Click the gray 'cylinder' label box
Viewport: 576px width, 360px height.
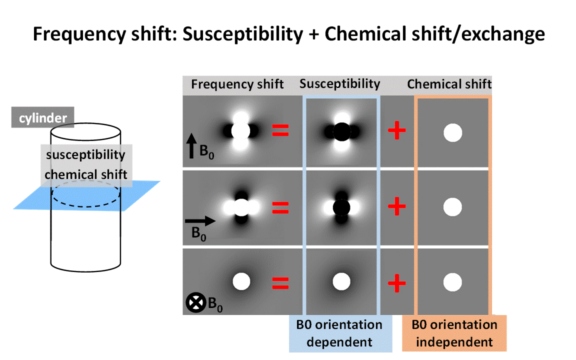(42, 118)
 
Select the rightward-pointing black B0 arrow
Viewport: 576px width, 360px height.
(200, 220)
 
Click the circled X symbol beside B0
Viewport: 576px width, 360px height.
(195, 303)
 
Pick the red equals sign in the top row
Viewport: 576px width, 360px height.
(280, 131)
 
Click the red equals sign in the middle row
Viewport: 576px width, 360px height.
(280, 207)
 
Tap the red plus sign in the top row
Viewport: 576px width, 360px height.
(397, 131)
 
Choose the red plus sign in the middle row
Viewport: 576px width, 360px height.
(397, 206)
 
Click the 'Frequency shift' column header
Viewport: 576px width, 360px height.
(237, 84)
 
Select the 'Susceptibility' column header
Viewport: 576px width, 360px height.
(339, 83)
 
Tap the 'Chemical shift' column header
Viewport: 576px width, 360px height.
(449, 84)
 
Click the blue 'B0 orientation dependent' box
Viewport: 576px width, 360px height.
(339, 333)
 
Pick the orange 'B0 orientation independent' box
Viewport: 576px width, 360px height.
(454, 333)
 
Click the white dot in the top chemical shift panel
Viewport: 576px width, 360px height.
(452, 133)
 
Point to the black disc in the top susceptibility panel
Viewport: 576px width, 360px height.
(341, 132)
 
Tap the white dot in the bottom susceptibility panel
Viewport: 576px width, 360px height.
(341, 281)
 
